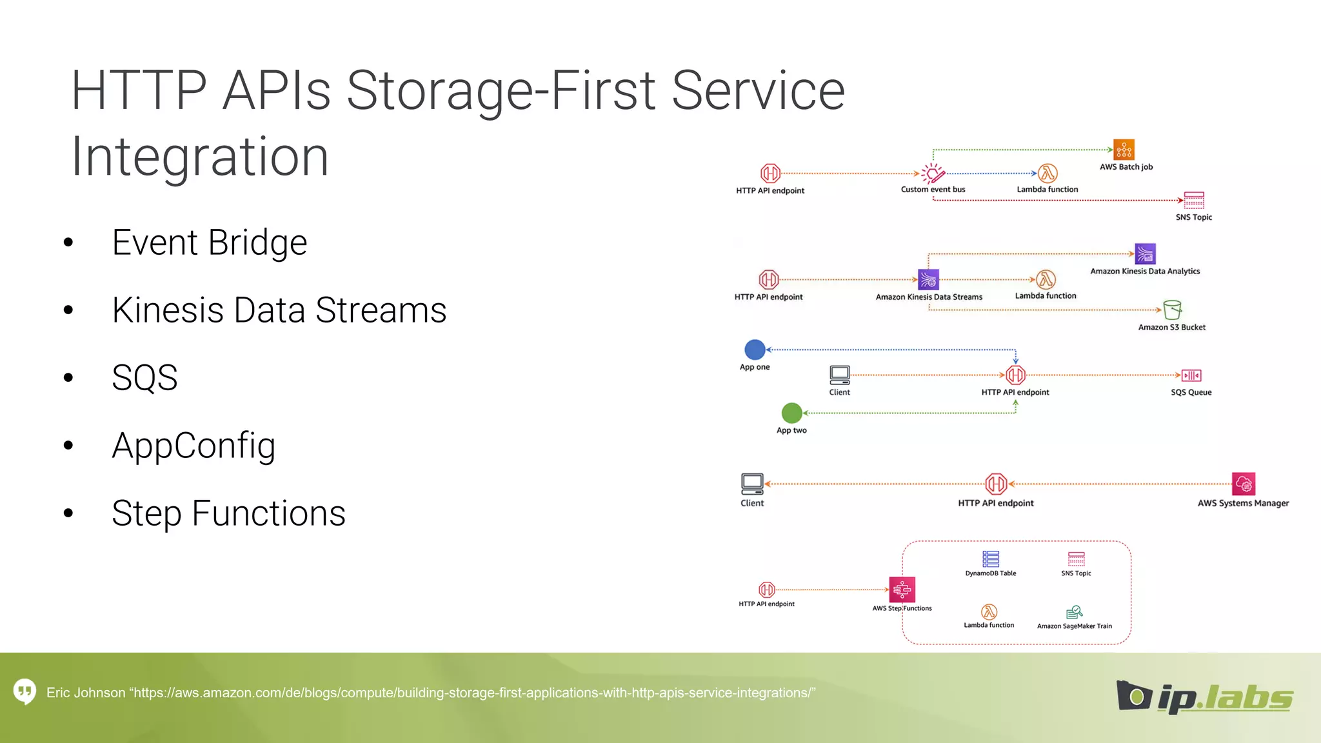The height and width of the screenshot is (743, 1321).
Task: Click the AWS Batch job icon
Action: point(1124,150)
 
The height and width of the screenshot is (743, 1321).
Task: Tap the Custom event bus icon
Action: point(932,173)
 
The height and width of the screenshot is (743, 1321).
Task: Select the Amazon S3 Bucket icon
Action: point(1172,310)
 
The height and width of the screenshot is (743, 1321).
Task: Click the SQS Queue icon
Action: point(1191,375)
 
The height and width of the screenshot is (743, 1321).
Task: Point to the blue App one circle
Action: point(755,350)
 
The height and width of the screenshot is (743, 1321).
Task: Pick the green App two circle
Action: point(791,413)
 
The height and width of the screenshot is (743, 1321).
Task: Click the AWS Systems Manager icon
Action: point(1243,484)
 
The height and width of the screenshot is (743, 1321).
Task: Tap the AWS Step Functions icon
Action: point(902,589)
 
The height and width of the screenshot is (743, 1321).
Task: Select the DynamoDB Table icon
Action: point(990,559)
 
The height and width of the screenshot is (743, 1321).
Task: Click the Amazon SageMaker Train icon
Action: point(1074,612)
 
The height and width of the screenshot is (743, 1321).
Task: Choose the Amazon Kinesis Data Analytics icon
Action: point(1145,254)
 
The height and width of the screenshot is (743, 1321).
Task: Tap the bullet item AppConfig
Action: point(194,446)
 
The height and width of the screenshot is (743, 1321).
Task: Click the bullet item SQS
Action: point(144,378)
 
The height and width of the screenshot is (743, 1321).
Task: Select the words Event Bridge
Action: point(209,243)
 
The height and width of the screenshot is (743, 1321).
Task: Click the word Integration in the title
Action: point(200,157)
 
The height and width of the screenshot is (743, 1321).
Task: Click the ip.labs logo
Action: point(1204,697)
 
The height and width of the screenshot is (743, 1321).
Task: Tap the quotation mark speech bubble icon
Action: point(25,692)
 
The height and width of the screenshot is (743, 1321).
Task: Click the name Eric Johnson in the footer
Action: point(86,693)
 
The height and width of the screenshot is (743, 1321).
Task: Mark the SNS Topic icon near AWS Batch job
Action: point(1193,201)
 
